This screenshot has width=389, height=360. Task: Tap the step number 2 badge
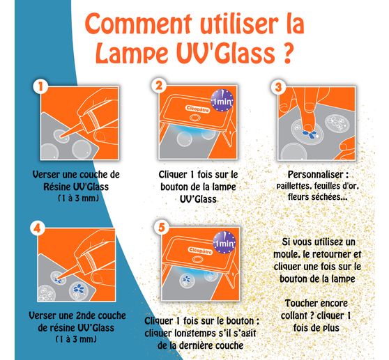[160, 86]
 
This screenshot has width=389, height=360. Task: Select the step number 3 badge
[278, 86]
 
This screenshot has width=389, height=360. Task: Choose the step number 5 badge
[160, 226]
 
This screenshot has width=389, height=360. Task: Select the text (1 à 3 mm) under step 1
[67, 198]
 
